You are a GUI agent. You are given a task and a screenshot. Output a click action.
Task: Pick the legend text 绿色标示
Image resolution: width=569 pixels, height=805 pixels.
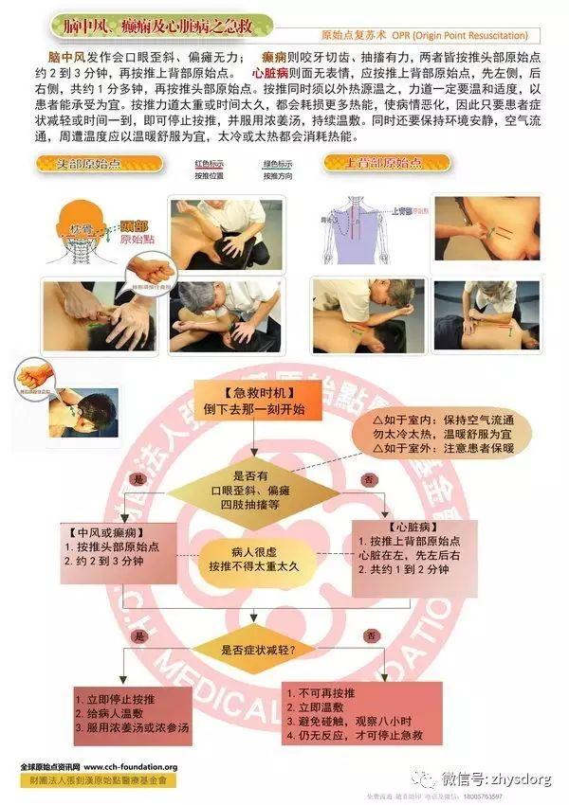pyautogui.click(x=277, y=163)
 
